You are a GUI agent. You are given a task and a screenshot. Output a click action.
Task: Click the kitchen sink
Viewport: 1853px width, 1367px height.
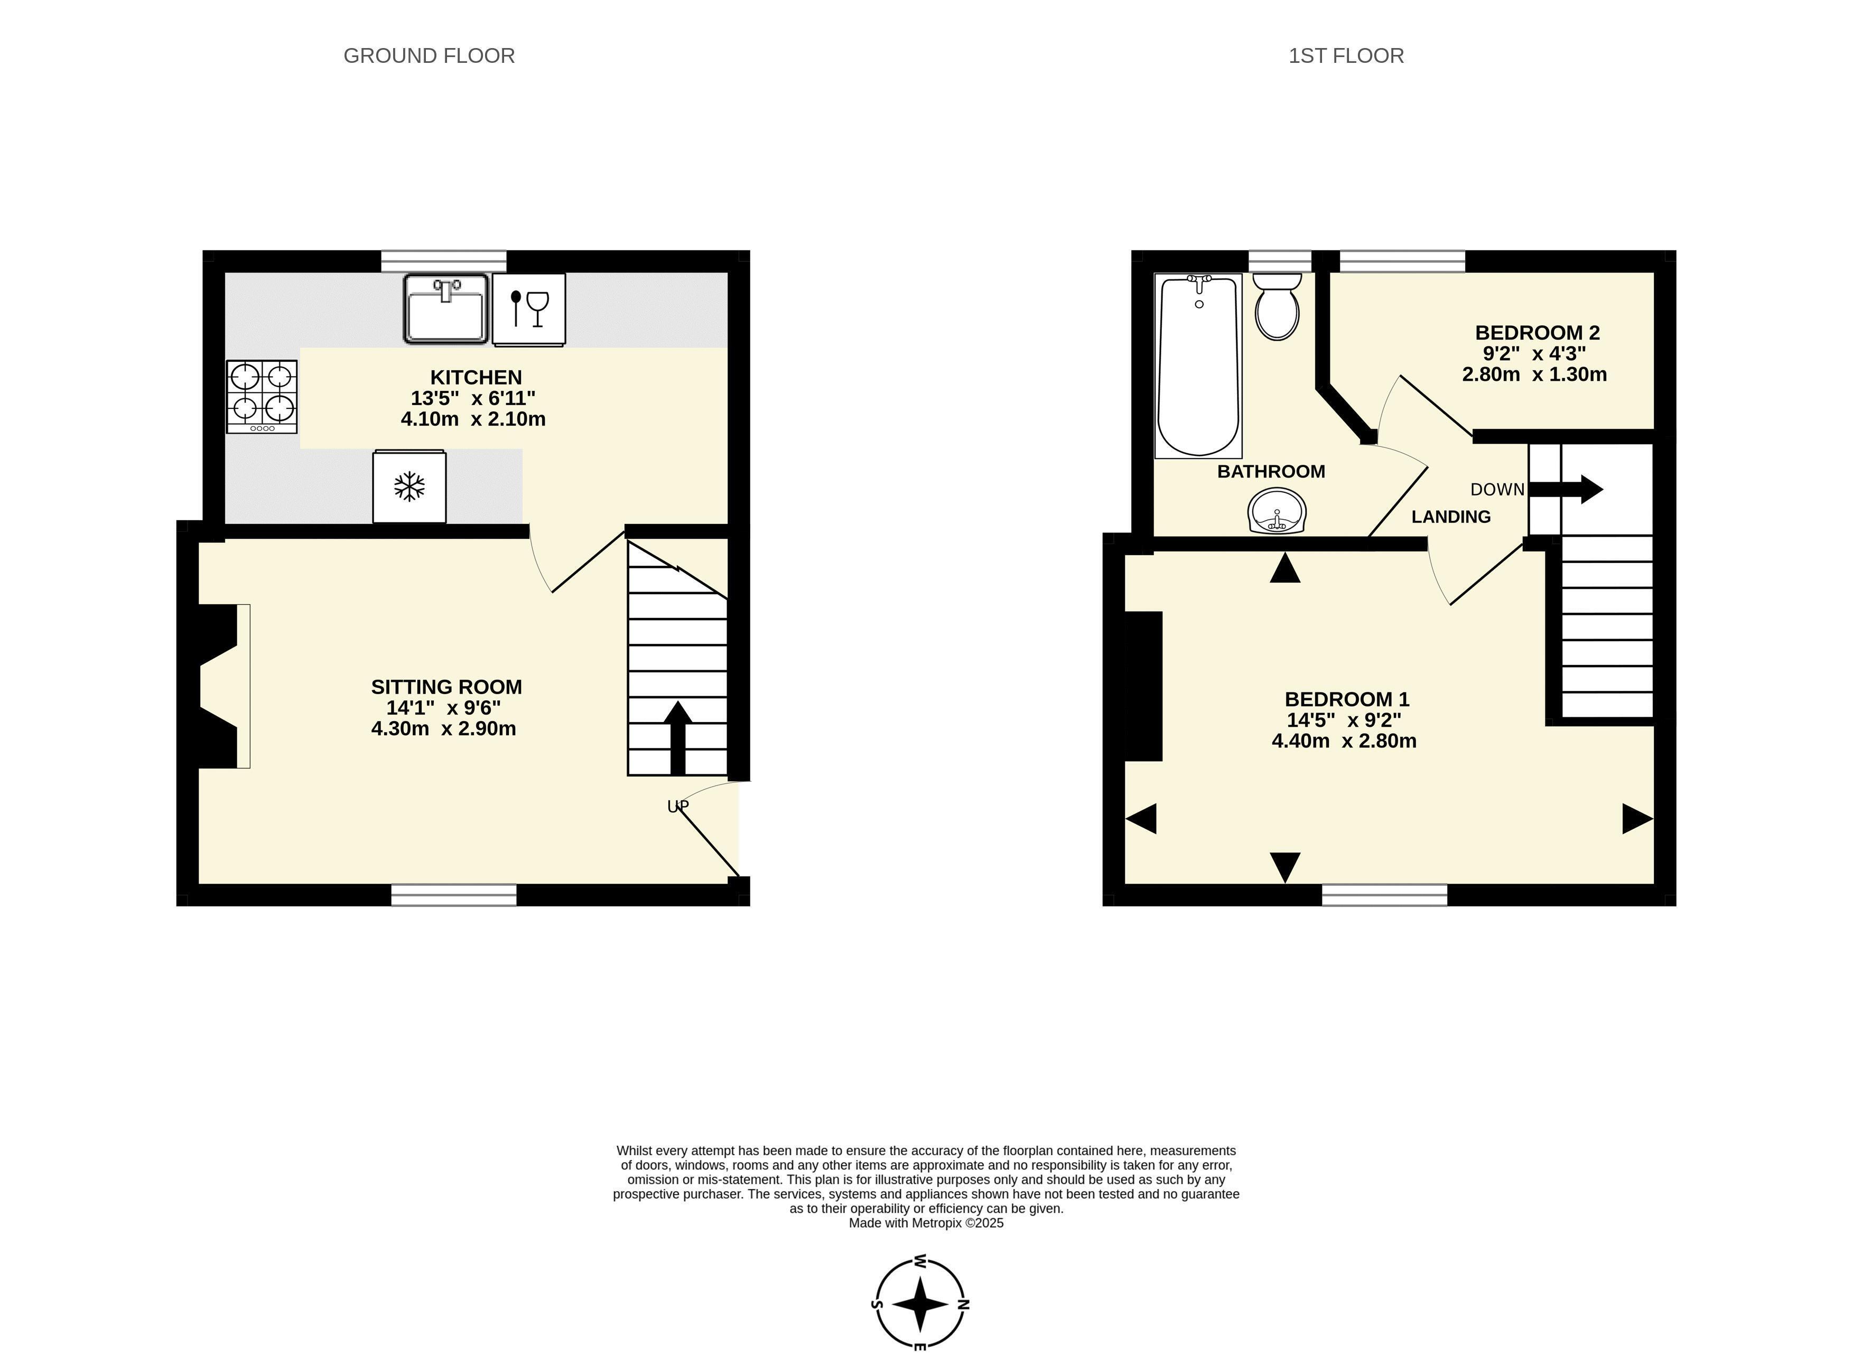(x=446, y=308)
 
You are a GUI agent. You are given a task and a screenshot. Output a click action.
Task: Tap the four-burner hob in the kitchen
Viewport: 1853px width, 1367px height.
(x=262, y=396)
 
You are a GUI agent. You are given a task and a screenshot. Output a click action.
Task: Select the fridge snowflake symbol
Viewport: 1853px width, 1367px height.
(x=409, y=486)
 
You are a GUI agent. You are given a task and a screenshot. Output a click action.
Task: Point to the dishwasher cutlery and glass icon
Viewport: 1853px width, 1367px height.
(x=529, y=308)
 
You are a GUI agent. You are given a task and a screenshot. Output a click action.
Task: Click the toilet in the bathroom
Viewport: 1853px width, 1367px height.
(x=1277, y=307)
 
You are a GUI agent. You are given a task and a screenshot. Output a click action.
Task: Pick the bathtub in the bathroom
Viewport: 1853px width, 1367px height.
(x=1198, y=366)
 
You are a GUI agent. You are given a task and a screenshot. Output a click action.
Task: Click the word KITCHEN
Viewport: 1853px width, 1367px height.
(x=476, y=377)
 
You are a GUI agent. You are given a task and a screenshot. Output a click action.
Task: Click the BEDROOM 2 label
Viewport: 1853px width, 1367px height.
(x=1537, y=333)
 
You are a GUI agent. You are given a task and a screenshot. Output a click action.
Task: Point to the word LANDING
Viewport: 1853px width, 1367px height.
(x=1451, y=517)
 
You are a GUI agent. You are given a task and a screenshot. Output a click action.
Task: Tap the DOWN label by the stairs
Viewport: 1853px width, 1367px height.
(x=1497, y=490)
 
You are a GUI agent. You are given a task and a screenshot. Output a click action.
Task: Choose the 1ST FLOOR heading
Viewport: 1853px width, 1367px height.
(x=1346, y=55)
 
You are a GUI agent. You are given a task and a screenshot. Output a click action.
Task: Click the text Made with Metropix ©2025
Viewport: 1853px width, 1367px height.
(x=926, y=1223)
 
